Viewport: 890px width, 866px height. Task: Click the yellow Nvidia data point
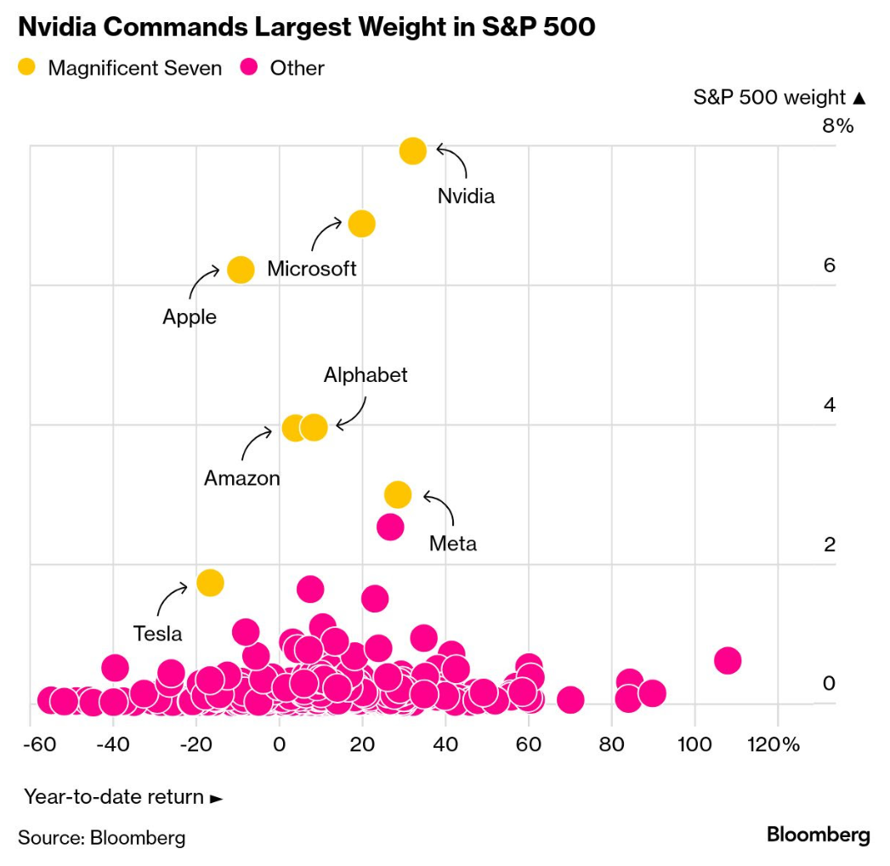click(412, 151)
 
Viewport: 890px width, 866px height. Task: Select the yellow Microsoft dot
click(361, 224)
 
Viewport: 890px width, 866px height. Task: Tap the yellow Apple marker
click(241, 270)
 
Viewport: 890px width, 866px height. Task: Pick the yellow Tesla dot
click(210, 583)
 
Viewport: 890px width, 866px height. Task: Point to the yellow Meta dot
click(397, 494)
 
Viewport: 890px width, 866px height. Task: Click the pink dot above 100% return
click(728, 660)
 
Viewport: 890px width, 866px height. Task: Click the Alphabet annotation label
click(366, 375)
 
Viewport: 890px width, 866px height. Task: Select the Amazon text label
click(241, 478)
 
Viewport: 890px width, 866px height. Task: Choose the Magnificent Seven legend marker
click(26, 67)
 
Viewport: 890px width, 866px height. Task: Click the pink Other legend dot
click(248, 67)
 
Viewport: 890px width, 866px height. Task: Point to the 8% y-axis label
click(838, 126)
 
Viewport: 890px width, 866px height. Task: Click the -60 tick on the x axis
click(40, 744)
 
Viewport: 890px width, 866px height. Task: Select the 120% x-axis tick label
click(773, 744)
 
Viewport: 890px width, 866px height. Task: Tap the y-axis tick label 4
click(830, 405)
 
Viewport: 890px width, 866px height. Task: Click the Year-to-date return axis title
click(114, 797)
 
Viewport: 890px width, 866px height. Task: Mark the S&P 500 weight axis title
click(769, 97)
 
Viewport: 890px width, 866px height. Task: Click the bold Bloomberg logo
click(818, 835)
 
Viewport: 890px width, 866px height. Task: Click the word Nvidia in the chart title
click(57, 26)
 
